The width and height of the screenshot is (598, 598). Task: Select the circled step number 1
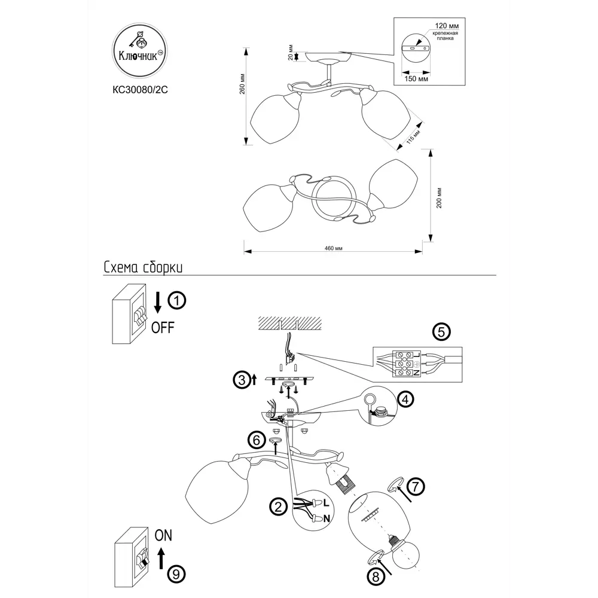177,301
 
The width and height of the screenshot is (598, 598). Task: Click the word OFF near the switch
163,328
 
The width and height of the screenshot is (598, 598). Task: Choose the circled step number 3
240,379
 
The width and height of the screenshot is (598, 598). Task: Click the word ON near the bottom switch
163,536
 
